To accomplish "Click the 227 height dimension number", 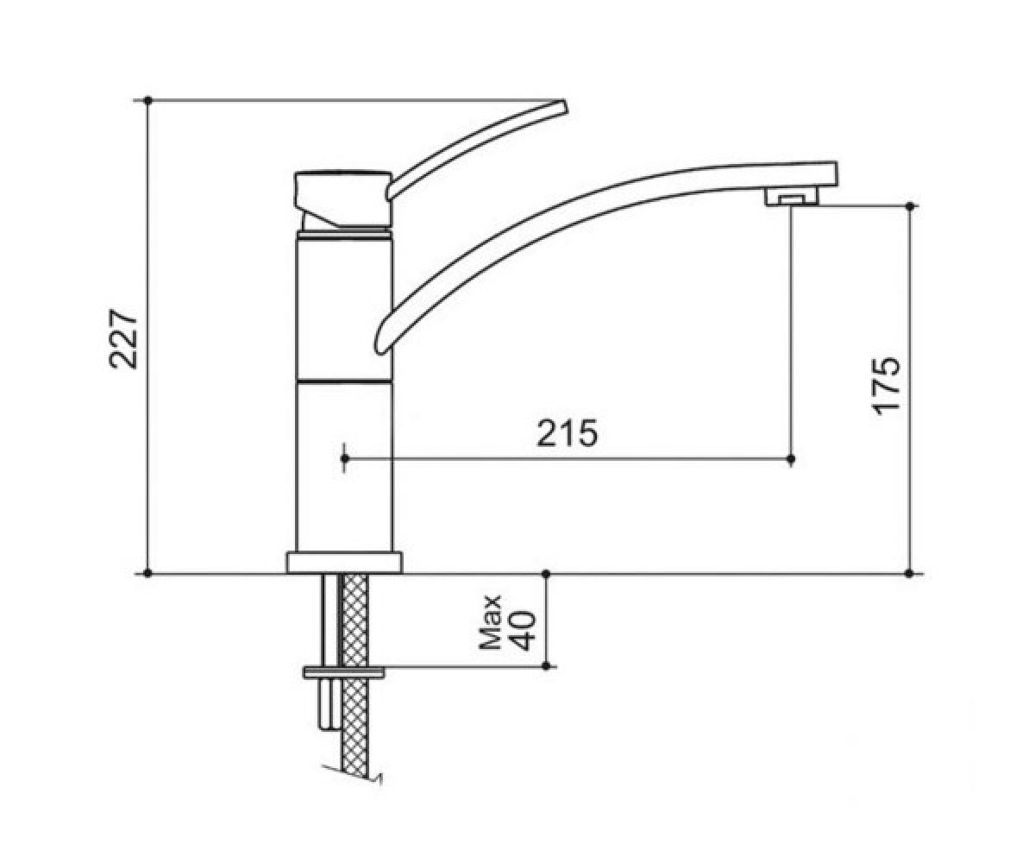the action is coord(123,340).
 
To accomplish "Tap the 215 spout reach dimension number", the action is coord(568,433).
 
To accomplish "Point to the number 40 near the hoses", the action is coord(523,630).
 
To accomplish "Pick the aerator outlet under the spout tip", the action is coord(791,199).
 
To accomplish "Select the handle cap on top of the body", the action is coord(343,200).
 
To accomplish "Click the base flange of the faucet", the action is coord(344,563).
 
